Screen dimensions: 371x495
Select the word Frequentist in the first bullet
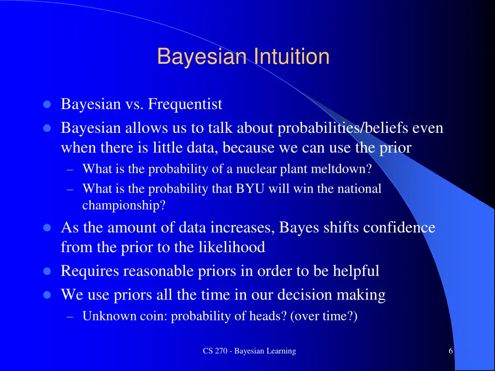[x=185, y=104]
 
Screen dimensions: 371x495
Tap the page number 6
[x=451, y=351]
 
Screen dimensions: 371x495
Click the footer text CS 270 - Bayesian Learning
[x=249, y=351]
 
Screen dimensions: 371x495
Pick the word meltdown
[x=342, y=169]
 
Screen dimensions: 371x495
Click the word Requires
[x=90, y=271]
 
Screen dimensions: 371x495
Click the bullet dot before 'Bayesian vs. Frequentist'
[x=47, y=104]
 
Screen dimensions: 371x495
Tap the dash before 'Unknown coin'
[x=71, y=317]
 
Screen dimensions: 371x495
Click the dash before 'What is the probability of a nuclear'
[x=71, y=170]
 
